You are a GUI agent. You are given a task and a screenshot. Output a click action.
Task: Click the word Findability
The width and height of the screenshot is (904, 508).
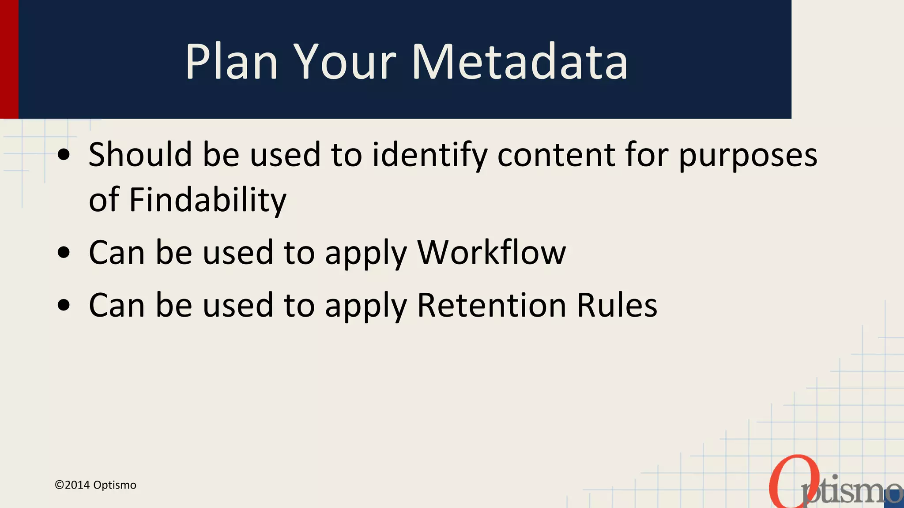coord(207,200)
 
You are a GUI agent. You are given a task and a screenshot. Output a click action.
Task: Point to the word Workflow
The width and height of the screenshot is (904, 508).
coord(491,252)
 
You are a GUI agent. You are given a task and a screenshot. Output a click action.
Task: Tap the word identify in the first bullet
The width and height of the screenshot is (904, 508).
coord(430,155)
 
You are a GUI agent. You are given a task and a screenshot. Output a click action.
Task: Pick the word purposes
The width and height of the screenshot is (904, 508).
coord(748,155)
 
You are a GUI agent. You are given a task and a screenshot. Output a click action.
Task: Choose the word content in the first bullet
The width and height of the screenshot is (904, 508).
coord(556,155)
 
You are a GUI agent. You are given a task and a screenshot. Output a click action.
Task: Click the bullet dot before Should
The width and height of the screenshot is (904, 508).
coord(64,155)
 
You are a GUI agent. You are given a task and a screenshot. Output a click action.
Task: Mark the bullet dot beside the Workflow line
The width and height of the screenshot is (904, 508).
coord(64,253)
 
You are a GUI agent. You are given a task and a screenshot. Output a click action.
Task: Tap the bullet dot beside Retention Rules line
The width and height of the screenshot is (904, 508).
coord(64,305)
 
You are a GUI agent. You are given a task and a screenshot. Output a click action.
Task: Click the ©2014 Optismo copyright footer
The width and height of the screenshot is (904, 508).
coord(95,485)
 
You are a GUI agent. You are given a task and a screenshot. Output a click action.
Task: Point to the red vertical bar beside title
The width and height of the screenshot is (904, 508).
coord(9,59)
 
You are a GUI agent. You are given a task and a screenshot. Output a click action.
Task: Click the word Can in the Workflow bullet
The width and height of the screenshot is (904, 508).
coord(117,252)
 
